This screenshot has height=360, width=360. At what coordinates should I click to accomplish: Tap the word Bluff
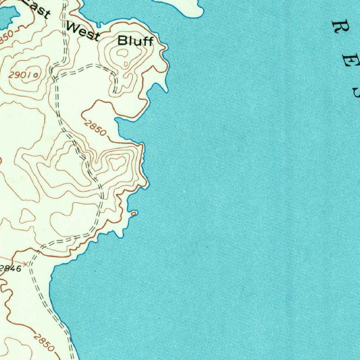click(x=135, y=41)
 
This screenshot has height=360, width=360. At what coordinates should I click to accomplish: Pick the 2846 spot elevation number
click(x=11, y=269)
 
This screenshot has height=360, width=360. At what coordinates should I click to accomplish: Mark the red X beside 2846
click(x=26, y=263)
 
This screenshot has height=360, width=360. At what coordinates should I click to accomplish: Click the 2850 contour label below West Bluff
click(x=95, y=128)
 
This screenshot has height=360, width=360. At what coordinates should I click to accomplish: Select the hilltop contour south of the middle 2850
click(x=117, y=163)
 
